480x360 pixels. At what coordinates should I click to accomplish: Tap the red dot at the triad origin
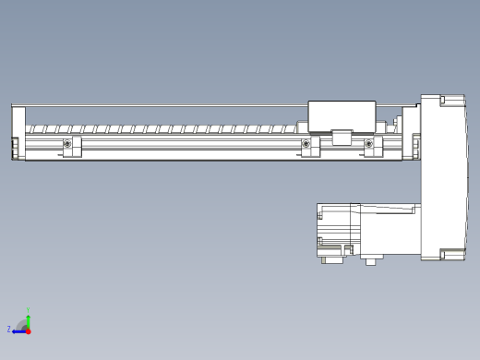28,330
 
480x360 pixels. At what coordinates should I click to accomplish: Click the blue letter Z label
9,329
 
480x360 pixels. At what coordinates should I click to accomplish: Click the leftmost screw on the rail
67,143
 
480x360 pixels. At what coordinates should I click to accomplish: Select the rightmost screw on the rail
369,143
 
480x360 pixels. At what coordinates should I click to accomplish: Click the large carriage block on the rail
341,115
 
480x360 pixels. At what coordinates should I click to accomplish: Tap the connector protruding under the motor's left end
330,260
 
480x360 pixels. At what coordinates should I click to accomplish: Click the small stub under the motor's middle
370,261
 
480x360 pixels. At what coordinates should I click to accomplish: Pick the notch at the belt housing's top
443,99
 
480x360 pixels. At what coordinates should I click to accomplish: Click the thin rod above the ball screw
157,105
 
